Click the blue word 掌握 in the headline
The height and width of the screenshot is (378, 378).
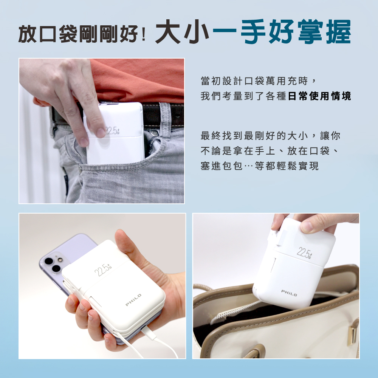tap(324, 32)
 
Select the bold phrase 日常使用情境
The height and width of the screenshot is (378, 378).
tap(319, 96)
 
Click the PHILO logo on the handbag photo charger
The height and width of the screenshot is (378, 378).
tap(289, 293)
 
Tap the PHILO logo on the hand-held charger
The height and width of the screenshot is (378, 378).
tap(133, 300)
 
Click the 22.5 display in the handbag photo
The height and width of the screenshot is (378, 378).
tap(304, 253)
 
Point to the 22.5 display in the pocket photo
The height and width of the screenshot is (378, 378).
tap(112, 130)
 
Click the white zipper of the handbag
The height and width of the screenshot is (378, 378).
tap(235, 311)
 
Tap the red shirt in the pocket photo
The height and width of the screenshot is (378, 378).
tap(138, 79)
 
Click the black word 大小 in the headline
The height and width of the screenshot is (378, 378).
tap(182, 32)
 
